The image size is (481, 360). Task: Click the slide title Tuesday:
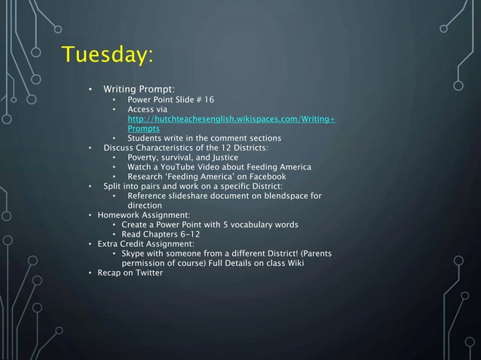(x=108, y=56)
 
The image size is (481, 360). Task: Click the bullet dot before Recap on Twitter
(x=90, y=273)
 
